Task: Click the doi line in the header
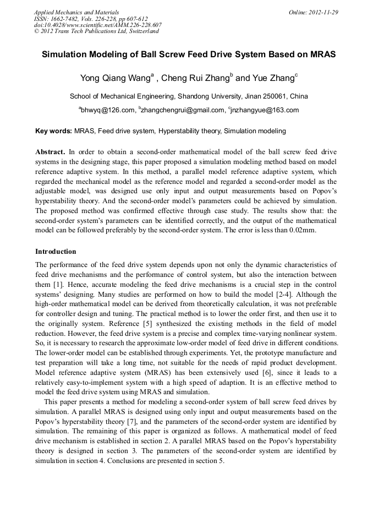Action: [x=98, y=25]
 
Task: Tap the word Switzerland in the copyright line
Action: [x=142, y=31]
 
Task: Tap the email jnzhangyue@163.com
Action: [x=265, y=110]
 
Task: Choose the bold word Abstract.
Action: [x=50, y=151]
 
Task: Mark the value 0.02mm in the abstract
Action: [x=301, y=230]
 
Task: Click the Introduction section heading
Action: [x=56, y=252]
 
